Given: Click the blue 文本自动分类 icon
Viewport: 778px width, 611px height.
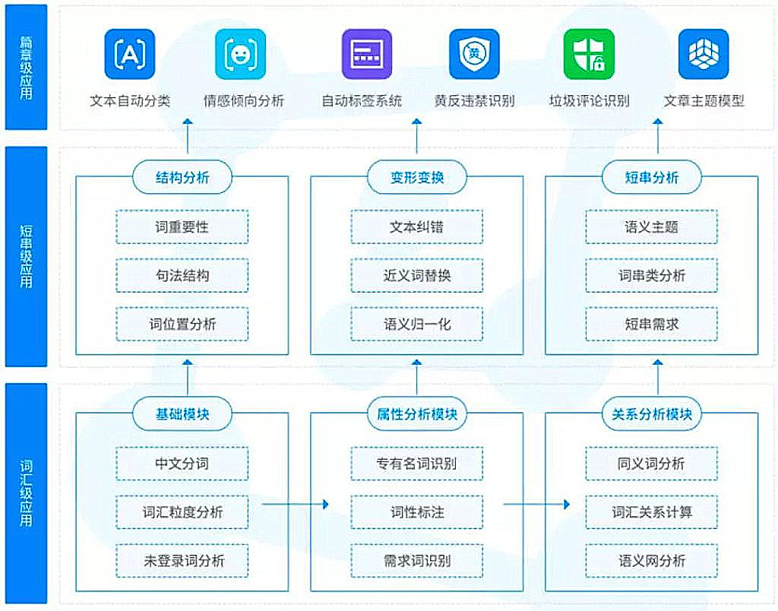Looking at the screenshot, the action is pos(129,54).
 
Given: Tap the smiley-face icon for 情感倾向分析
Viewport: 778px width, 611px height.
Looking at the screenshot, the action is pos(240,54).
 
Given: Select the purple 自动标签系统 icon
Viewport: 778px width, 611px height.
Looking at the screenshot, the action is pos(367,54).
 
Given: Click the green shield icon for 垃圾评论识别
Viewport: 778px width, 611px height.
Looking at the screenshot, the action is pos(589,54).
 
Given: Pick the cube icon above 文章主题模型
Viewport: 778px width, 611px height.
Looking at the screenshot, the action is pos(704,54).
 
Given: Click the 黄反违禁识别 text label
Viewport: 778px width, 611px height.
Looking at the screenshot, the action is pos(474,101).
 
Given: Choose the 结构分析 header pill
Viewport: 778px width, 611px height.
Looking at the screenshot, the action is pos(182,177).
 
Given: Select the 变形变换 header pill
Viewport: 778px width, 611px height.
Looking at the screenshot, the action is pos(417,177).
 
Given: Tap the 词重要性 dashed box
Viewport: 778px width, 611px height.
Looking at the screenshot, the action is pos(182,226).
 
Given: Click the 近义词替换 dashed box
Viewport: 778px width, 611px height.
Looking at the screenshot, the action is pos(417,275).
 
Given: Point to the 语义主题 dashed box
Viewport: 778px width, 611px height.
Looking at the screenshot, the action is pos(651,226).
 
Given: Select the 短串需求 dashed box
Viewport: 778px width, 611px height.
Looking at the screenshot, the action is pos(651,324).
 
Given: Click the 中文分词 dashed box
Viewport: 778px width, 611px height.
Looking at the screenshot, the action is pos(182,464).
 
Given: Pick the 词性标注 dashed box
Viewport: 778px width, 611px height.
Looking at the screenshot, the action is pos(417,511).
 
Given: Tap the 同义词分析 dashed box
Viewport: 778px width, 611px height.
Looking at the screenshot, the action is pos(651,464).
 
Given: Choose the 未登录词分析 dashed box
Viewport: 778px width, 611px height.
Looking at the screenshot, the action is pos(182,560).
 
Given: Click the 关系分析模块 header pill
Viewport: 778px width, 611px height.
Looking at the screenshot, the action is pos(651,414).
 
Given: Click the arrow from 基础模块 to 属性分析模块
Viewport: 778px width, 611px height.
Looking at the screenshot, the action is pos(296,505).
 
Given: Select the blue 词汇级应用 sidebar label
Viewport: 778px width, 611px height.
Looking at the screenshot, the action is pos(27,493).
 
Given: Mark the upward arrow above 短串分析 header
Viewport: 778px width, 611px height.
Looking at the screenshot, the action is pos(658,136).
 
